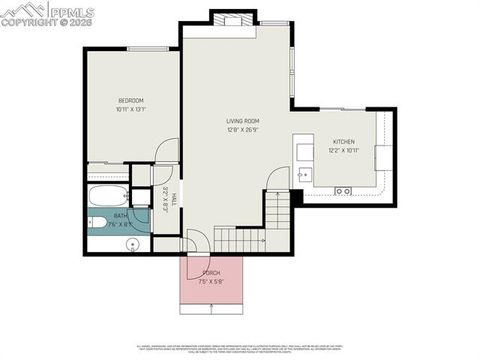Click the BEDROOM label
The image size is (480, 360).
tap(131, 101)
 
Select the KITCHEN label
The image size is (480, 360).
tap(343, 142)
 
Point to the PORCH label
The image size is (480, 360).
tap(211, 272)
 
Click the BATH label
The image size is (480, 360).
tap(120, 215)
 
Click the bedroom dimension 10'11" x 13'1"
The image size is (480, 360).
tap(131, 110)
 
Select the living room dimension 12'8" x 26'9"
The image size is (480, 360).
tap(242, 129)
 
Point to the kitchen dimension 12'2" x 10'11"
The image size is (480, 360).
tap(343, 151)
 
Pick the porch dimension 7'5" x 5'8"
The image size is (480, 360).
tap(211, 281)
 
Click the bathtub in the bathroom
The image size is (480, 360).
tap(109, 195)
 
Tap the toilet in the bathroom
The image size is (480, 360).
tap(98, 223)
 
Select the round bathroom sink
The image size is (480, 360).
tap(131, 243)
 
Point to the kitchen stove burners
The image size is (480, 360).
tap(342, 190)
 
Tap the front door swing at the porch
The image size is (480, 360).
tap(196, 243)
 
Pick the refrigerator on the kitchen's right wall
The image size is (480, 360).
tap(384, 158)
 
